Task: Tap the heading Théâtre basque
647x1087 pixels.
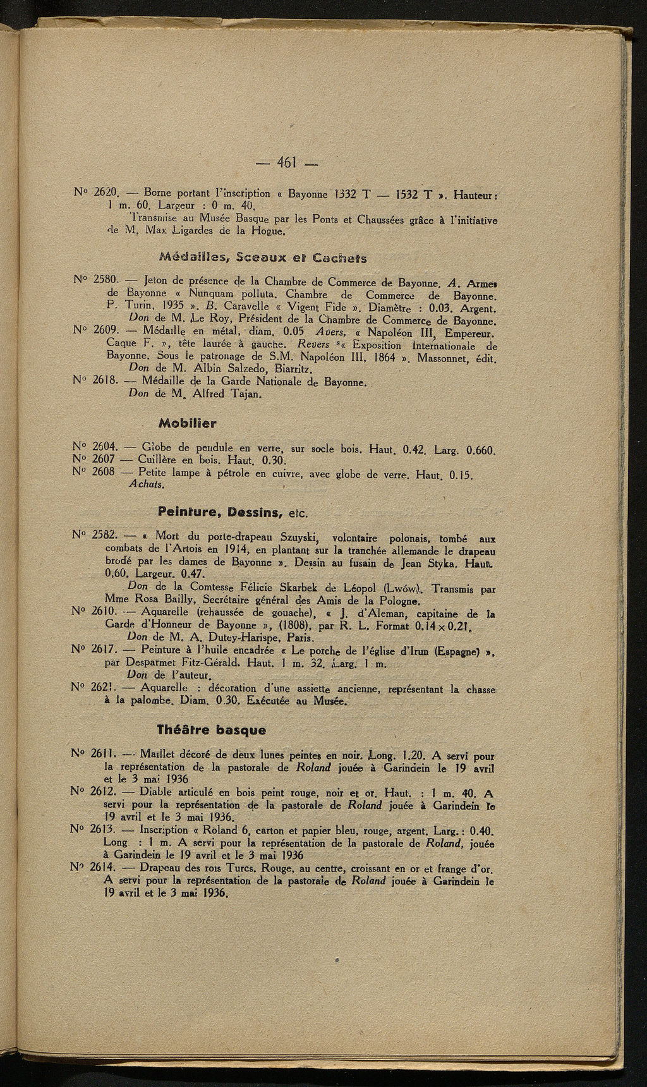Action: (211, 729)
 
